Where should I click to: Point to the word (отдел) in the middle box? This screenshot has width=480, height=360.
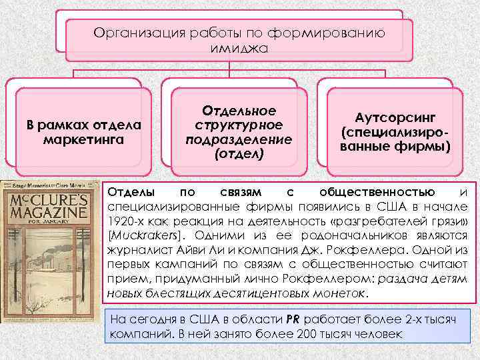(x=238, y=154)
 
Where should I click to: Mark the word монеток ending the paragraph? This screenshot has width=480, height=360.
(x=339, y=293)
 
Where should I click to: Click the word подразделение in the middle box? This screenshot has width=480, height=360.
(x=238, y=139)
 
